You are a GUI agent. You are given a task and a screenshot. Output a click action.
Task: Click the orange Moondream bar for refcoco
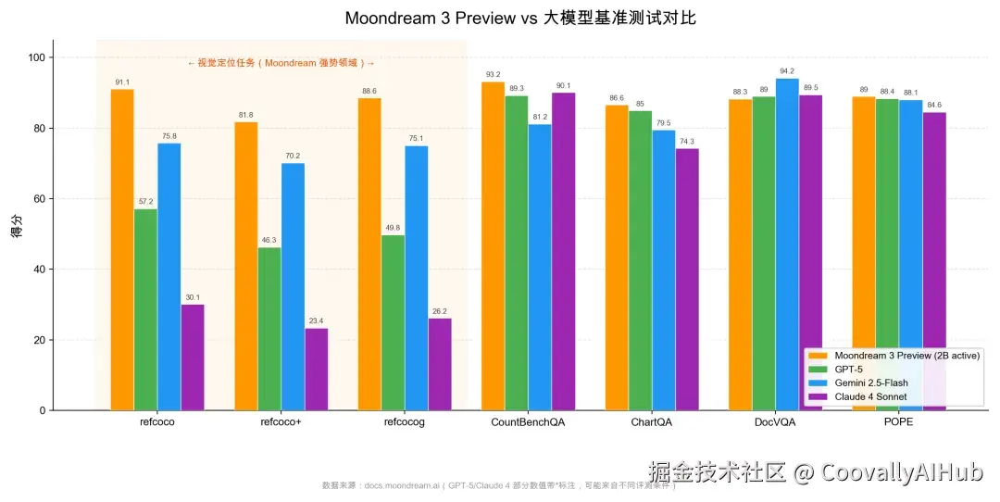122,250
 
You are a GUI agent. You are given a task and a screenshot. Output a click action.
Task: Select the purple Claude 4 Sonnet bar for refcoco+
316,369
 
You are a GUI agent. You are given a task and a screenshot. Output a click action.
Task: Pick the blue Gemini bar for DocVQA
787,245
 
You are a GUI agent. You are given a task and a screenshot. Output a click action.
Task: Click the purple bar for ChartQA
687,279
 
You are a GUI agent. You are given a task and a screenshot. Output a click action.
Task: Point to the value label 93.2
493,75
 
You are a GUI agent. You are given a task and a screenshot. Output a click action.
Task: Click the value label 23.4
316,321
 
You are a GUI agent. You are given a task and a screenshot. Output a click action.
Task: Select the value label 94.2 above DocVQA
787,71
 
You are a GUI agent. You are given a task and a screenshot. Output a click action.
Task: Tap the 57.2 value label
145,202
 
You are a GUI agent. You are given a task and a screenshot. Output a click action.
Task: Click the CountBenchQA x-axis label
528,422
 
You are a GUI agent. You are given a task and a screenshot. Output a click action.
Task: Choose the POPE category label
899,422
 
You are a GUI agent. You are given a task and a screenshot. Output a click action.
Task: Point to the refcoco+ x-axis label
281,422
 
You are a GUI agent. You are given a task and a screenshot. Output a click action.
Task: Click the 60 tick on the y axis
36,199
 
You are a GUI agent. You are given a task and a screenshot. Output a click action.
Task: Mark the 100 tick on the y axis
33,57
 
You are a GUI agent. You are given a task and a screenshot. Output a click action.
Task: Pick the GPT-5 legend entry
850,369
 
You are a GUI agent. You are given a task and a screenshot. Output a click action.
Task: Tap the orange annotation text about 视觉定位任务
281,63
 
